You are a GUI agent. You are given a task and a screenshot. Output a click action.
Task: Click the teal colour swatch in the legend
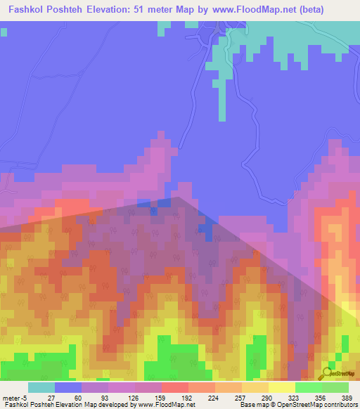click(41, 387)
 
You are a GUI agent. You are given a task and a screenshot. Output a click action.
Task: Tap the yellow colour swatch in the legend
click(282, 387)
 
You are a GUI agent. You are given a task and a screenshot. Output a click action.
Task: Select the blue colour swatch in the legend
click(68, 387)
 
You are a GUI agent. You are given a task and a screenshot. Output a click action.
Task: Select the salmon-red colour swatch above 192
click(175, 387)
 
